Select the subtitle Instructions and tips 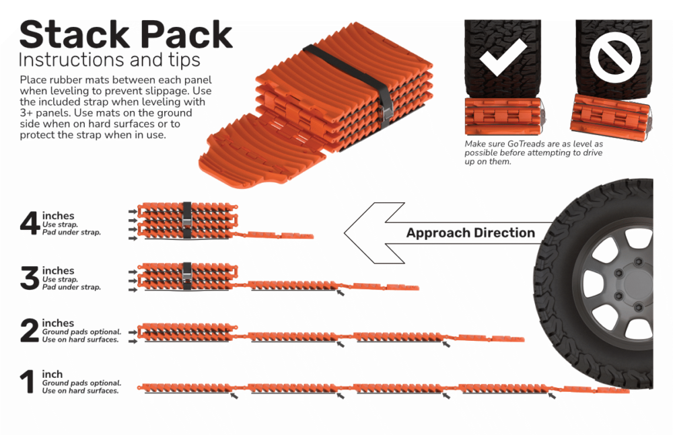(x=109, y=60)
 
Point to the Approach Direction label (x=470, y=233)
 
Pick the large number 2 (x=30, y=330)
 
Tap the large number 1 (x=28, y=381)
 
